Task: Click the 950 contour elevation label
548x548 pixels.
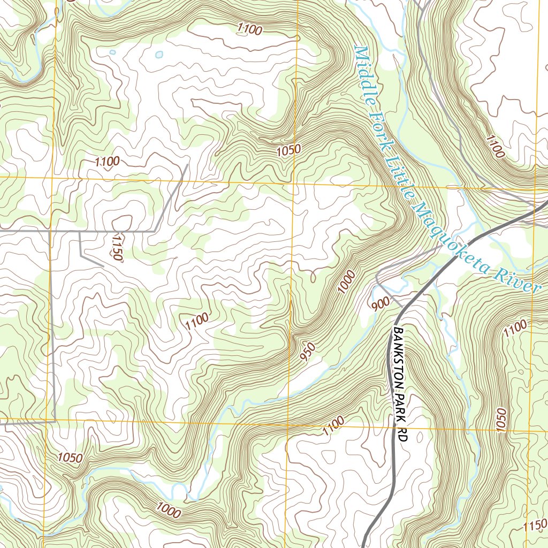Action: [308, 351]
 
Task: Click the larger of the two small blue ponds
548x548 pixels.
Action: [159, 55]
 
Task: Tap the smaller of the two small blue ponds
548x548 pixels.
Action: [112, 52]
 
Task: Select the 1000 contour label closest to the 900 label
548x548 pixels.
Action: [347, 282]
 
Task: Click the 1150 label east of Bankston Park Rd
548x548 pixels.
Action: [536, 525]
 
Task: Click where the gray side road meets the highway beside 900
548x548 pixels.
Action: [402, 307]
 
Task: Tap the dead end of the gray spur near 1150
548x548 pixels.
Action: [103, 265]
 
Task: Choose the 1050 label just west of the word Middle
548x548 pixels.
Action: [289, 151]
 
